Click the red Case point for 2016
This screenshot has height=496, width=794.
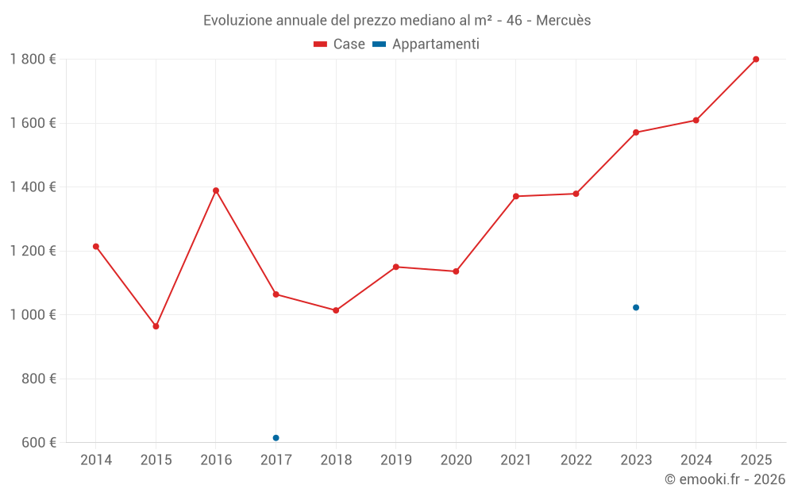216,190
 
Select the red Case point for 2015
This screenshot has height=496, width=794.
156,326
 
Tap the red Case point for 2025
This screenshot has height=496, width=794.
756,59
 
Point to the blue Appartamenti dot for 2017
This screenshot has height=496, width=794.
276,438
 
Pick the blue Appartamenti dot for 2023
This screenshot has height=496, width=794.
636,307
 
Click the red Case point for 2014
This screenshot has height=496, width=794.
96,246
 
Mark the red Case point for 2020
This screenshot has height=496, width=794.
456,271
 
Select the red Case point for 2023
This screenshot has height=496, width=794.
636,133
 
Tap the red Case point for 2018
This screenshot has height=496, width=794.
336,310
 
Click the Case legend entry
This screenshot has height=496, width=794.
340,44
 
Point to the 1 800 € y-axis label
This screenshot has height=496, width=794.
33,59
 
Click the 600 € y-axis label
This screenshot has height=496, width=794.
38,442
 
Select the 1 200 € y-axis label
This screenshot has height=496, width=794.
33,251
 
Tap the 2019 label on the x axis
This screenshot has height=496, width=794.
395,459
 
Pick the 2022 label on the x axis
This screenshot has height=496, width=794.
576,459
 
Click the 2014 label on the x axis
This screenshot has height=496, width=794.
96,459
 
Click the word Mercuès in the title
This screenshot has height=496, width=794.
563,21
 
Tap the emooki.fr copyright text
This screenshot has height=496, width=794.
725,479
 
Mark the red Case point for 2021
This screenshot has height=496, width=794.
516,196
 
